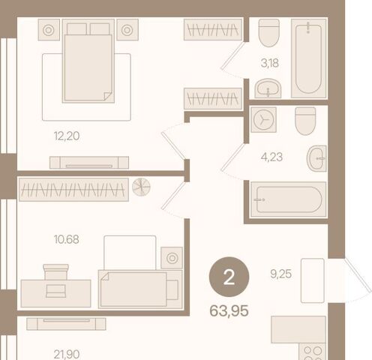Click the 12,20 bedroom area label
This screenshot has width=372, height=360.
click(x=67, y=136)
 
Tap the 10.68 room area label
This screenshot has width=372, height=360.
click(x=67, y=239)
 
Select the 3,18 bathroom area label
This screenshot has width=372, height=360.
click(x=270, y=63)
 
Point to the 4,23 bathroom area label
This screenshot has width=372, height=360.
click(x=271, y=157)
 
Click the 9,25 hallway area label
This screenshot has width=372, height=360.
click(x=281, y=274)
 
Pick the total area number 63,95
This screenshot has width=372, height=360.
click(x=229, y=311)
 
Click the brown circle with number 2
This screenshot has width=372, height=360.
click(x=229, y=277)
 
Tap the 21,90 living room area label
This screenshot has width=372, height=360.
click(x=67, y=355)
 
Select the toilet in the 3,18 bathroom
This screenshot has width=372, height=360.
click(x=269, y=33)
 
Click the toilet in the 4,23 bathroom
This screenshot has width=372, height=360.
click(x=305, y=121)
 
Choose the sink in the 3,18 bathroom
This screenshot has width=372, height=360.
click(x=268, y=88)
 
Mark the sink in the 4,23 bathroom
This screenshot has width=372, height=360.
click(x=316, y=158)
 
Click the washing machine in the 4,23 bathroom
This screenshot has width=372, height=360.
click(x=263, y=119)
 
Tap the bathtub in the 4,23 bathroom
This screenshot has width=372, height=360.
click(x=289, y=199)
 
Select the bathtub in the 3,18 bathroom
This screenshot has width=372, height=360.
click(x=309, y=58)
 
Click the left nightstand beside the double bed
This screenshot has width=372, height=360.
click(x=49, y=30)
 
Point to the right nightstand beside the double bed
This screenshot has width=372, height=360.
click(x=127, y=30)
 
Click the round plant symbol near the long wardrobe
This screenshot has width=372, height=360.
click(x=141, y=187)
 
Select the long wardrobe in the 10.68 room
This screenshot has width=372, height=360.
click(x=73, y=190)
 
